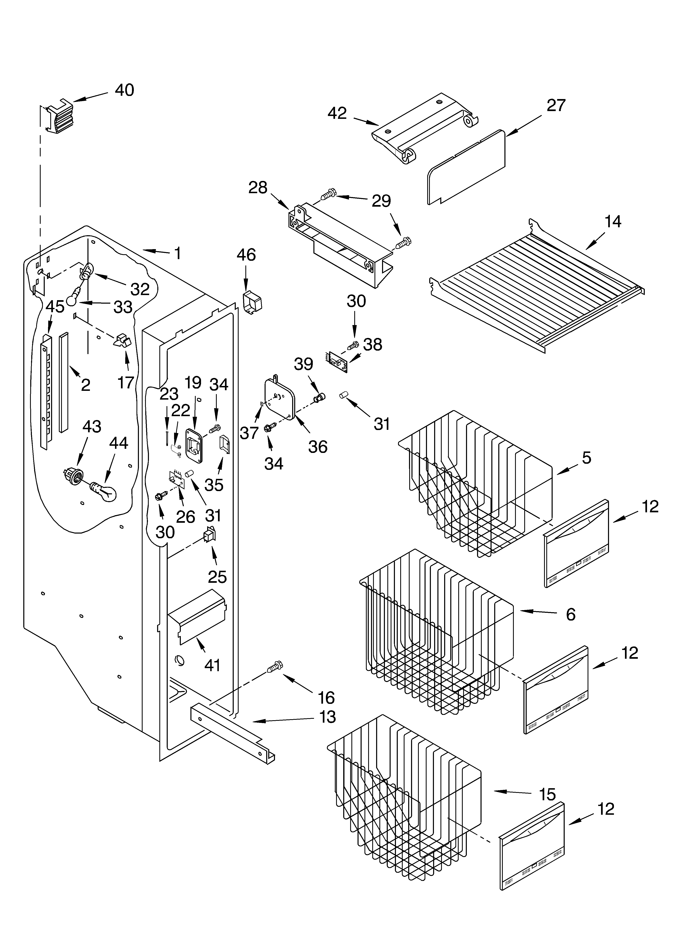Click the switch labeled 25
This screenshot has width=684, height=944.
[209, 535]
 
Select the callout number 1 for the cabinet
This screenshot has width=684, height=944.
[178, 253]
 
